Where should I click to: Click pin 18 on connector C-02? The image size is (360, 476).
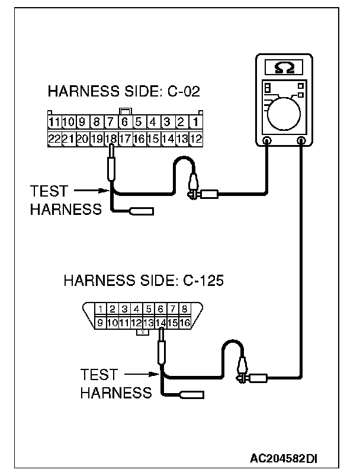click(110, 139)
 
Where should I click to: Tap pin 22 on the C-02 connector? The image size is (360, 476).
click(54, 139)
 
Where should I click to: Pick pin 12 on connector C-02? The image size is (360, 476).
click(196, 139)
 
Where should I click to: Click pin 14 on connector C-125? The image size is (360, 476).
click(160, 323)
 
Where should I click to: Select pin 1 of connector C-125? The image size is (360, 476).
click(101, 308)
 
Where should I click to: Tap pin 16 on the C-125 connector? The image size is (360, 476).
click(185, 323)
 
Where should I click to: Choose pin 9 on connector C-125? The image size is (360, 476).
click(101, 323)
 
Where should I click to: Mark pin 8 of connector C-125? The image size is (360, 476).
click(185, 308)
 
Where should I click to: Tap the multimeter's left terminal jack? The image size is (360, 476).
click(267, 141)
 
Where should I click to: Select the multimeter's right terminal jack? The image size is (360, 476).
click(302, 141)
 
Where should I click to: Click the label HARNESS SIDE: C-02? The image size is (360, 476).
click(124, 92)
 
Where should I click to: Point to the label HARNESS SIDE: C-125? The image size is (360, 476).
click(143, 280)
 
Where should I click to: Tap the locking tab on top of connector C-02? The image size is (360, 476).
click(124, 111)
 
